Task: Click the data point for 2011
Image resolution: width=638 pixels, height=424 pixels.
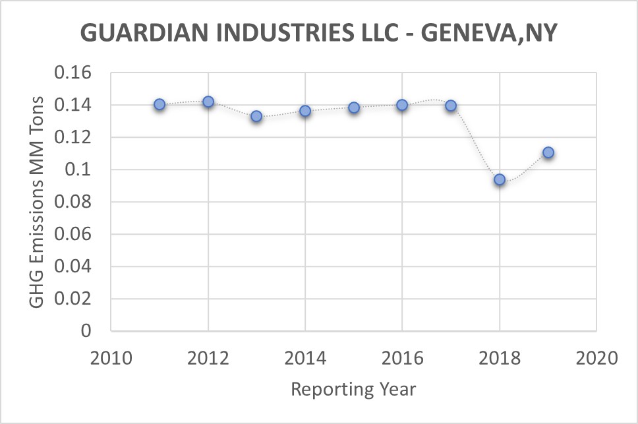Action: coord(159,104)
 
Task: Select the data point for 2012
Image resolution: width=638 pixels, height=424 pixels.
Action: coord(208,102)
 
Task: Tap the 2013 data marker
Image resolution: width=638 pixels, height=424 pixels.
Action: coord(256,116)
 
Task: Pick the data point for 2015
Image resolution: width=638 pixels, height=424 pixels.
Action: coord(354,107)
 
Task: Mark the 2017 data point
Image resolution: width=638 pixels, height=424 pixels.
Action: coord(451,106)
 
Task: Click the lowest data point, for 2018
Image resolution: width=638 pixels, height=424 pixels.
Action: coord(500,179)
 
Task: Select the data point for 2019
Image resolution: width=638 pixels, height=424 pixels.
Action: coord(548,152)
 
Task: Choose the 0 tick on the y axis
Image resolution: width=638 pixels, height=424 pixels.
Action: coord(85,331)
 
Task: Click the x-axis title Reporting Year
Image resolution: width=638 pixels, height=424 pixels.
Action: coord(353,389)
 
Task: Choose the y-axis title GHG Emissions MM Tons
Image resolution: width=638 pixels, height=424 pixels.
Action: coord(38,201)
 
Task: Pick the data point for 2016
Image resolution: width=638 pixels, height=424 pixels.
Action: coord(402,105)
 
